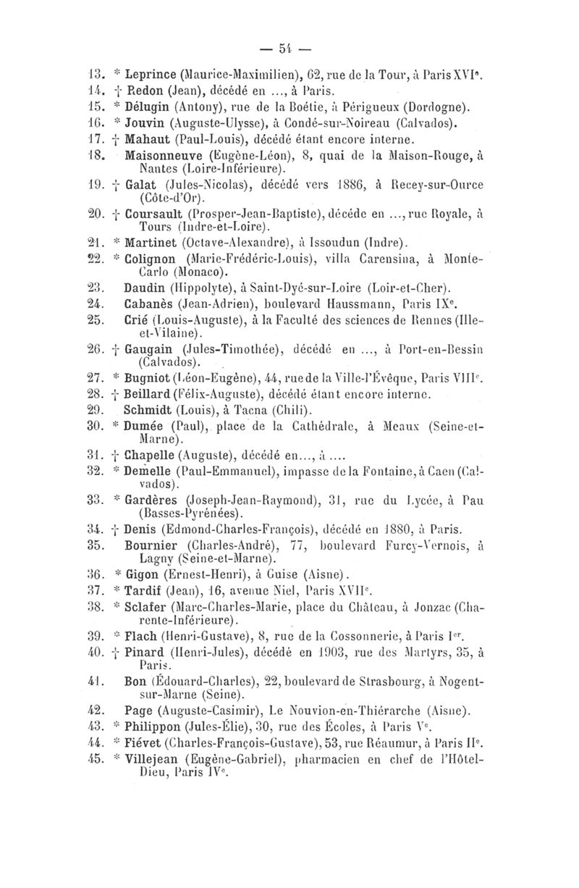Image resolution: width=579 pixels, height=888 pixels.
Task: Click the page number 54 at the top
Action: click(x=289, y=52)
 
